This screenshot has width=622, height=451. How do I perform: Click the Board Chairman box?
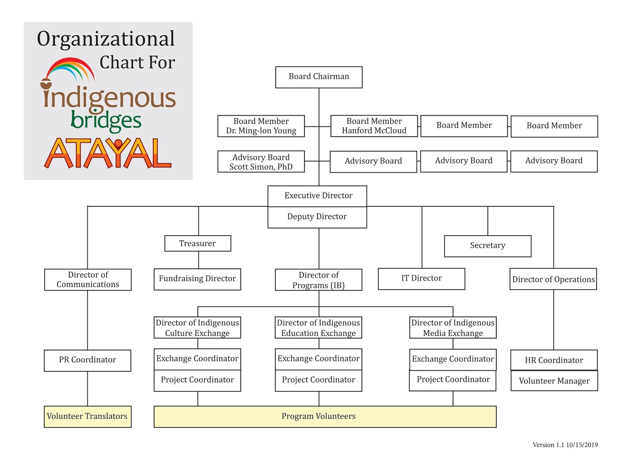(319, 77)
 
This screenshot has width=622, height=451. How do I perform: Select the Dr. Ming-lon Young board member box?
(261, 126)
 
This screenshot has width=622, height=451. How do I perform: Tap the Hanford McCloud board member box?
(374, 126)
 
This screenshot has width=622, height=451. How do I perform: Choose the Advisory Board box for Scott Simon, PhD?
(261, 161)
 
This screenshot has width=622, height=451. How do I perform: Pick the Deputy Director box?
(317, 217)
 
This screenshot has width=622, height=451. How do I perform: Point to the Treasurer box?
(197, 243)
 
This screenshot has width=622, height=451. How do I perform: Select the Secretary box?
(487, 246)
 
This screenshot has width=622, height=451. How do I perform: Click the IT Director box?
(421, 279)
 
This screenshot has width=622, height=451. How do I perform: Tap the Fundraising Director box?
(197, 279)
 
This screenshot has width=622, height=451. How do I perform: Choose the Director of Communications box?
(88, 279)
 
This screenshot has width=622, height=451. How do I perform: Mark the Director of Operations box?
(553, 279)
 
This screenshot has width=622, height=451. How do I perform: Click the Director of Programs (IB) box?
(318, 280)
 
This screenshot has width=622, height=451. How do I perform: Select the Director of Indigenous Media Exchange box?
(453, 328)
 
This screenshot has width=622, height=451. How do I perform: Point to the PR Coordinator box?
(87, 360)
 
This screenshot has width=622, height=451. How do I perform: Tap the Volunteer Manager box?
(554, 381)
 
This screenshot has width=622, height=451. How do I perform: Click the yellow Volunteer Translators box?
(87, 416)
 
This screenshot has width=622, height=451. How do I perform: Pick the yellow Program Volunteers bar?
(325, 416)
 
